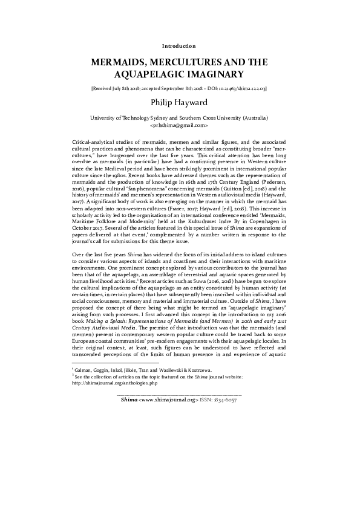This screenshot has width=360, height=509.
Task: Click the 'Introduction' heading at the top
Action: click(179, 46)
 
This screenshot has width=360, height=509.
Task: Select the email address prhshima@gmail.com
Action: click(179, 126)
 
